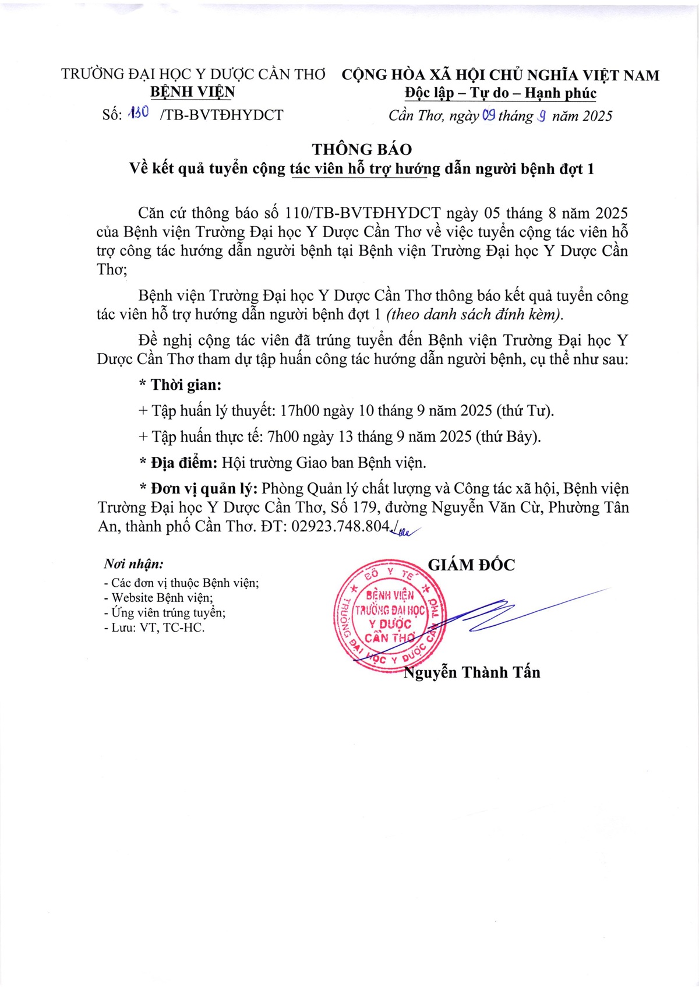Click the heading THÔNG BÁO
tap(361, 149)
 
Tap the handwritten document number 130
tap(139, 112)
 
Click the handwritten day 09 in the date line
tap(489, 115)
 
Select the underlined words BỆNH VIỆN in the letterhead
tap(192, 92)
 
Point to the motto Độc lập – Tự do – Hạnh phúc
tap(500, 93)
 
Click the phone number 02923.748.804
tap(340, 526)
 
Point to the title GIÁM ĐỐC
tap(471, 565)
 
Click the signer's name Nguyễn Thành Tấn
tap(472, 672)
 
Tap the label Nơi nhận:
tap(133, 563)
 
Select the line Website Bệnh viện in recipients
tap(162, 598)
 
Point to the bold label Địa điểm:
tap(183, 463)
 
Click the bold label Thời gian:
tap(186, 385)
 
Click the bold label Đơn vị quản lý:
tap(204, 488)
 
